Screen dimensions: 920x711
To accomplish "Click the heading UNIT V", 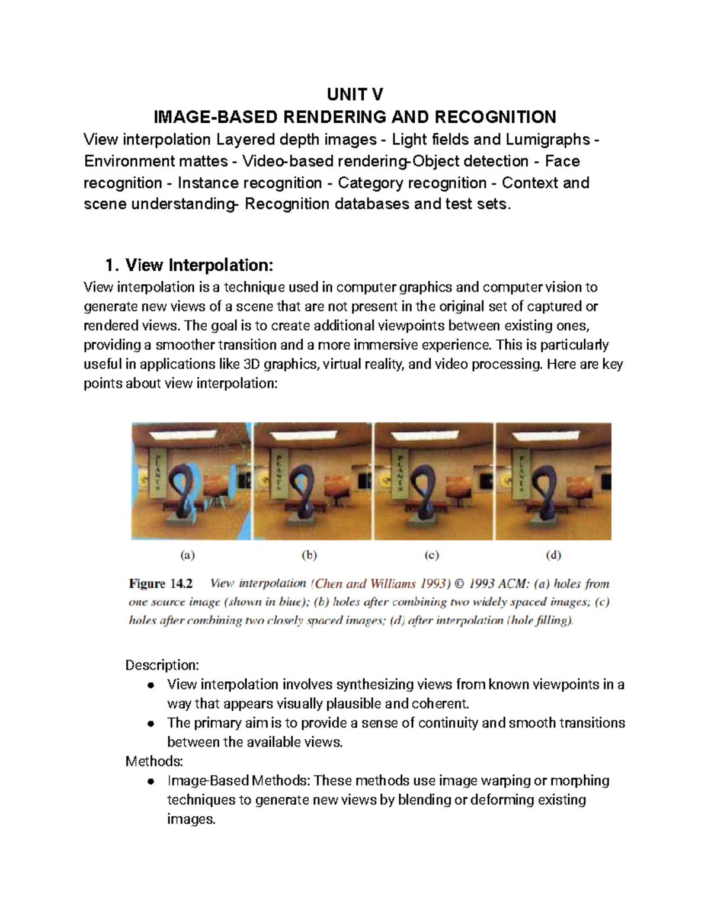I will [354, 94].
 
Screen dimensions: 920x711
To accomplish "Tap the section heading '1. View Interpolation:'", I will [188, 265].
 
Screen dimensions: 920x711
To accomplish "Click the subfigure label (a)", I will [187, 555].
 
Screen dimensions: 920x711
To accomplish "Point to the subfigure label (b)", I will [309, 555].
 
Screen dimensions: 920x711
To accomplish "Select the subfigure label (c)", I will [431, 555].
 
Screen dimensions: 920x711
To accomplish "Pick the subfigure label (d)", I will [553, 555].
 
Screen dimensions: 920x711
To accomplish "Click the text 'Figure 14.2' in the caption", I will [161, 584].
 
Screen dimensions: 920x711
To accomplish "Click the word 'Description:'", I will [162, 665].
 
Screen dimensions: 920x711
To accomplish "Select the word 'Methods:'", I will [154, 761].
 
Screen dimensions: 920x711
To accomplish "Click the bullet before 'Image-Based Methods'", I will [151, 781].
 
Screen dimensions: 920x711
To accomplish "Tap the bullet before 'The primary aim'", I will [151, 723].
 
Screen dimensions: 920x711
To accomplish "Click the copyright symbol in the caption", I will [460, 584].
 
